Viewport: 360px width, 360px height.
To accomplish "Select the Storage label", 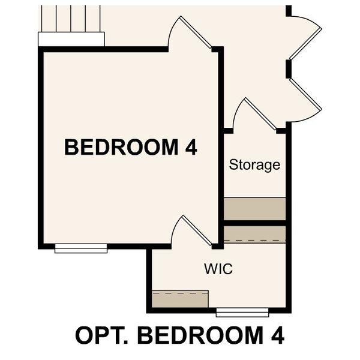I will point(254,165).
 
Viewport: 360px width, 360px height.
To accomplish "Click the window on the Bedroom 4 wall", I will point(80,248).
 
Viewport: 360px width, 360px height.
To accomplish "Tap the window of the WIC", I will point(242,312).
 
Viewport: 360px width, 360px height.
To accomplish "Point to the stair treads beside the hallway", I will point(71,18).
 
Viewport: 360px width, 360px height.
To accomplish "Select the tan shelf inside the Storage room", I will point(254,208).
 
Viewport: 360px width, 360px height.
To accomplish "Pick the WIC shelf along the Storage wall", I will point(254,235).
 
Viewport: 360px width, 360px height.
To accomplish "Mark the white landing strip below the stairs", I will point(71,39).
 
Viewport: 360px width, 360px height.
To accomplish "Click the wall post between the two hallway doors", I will point(289,68).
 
